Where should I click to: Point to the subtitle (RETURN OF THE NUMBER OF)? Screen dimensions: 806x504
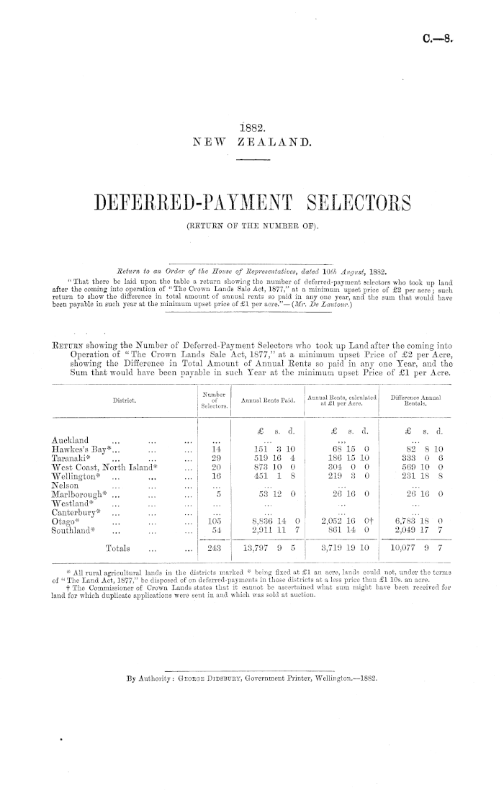(x=252, y=230)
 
